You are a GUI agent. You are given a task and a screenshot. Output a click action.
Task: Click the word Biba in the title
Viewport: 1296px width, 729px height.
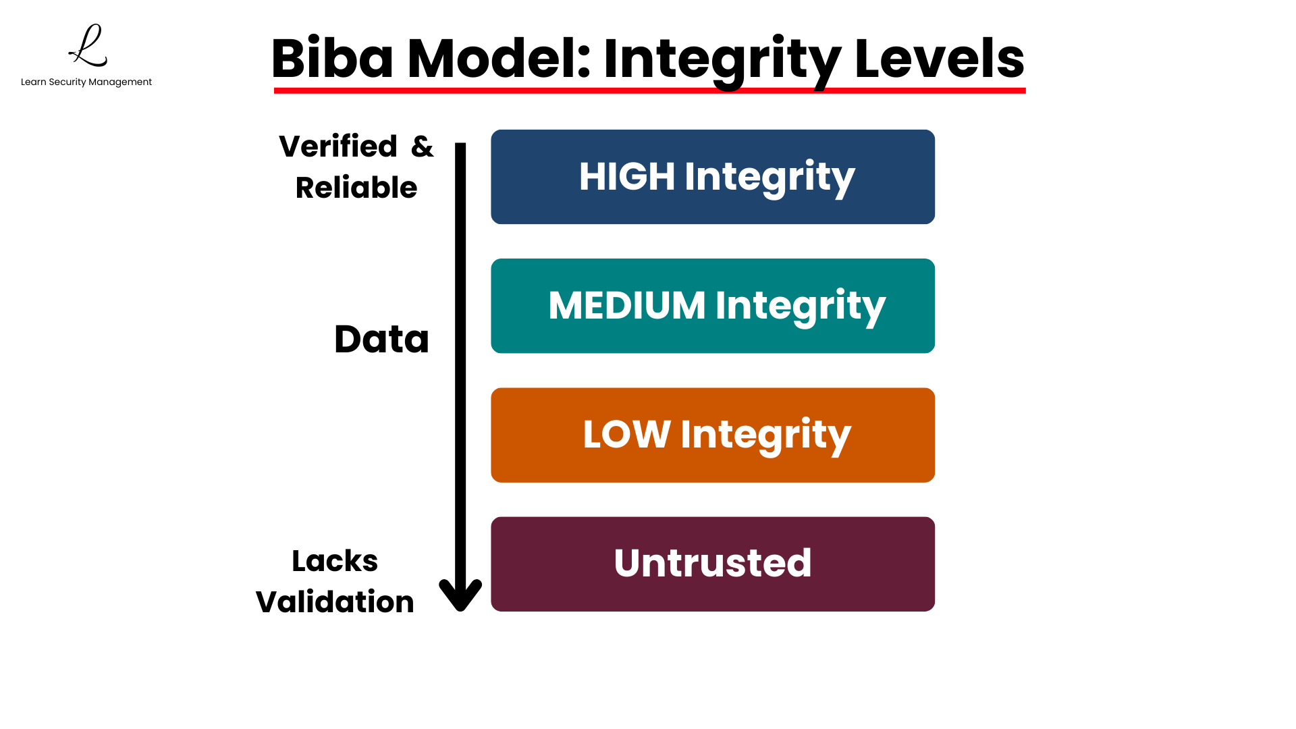[x=332, y=59]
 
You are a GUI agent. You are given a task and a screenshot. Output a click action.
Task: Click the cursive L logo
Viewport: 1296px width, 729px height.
[x=88, y=46]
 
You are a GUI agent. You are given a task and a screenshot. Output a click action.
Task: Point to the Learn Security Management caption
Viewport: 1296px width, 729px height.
[x=86, y=82]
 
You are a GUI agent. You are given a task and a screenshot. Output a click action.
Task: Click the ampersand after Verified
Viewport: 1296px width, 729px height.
[x=422, y=146]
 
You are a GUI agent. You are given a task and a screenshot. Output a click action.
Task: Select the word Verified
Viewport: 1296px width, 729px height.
[x=338, y=146]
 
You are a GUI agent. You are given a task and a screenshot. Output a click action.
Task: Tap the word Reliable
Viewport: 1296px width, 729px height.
[x=356, y=188]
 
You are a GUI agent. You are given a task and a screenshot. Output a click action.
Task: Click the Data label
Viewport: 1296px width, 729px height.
[x=381, y=339]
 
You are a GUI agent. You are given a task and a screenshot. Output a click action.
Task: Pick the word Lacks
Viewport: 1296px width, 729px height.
[x=335, y=561]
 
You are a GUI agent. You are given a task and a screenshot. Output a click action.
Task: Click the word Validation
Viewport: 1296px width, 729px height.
[x=335, y=602]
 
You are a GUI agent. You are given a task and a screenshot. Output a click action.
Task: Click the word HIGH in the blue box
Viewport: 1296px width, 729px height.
[x=626, y=177]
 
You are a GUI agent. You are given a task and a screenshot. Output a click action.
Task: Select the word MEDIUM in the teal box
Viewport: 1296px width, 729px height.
[x=626, y=306]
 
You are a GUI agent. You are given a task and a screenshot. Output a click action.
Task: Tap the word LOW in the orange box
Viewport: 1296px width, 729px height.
[x=626, y=435]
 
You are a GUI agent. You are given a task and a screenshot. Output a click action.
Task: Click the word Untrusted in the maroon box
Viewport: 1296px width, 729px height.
[x=713, y=564]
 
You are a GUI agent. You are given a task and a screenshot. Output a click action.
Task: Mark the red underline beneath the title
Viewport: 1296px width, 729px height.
[x=649, y=90]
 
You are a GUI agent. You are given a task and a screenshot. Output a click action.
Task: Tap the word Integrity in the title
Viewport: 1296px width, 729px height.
[x=722, y=60]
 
